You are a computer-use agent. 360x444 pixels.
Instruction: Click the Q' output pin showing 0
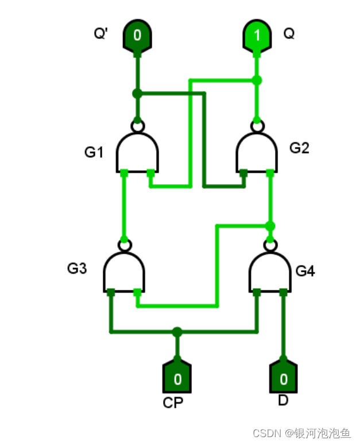137,37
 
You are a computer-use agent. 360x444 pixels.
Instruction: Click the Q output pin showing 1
257,37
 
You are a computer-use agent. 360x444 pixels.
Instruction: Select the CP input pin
177,377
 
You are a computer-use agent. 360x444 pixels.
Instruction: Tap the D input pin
283,377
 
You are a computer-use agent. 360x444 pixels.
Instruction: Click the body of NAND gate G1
137,152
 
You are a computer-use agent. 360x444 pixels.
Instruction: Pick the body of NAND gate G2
257,152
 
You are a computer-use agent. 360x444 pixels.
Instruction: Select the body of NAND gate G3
124,271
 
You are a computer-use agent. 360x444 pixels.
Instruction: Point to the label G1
94,152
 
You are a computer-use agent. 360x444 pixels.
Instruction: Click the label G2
299,148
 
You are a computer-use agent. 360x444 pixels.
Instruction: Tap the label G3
77,268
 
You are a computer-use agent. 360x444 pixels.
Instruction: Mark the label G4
305,270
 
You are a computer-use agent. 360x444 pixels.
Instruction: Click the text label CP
173,403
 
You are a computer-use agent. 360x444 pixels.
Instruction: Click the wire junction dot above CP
177,332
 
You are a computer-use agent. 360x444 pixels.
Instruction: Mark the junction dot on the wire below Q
257,80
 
